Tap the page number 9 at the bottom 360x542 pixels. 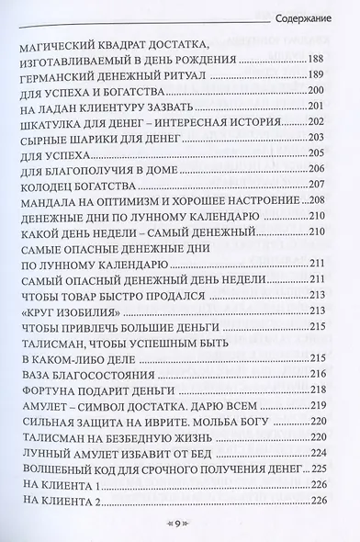pos(179,523)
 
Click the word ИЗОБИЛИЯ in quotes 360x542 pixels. pos(77,311)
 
